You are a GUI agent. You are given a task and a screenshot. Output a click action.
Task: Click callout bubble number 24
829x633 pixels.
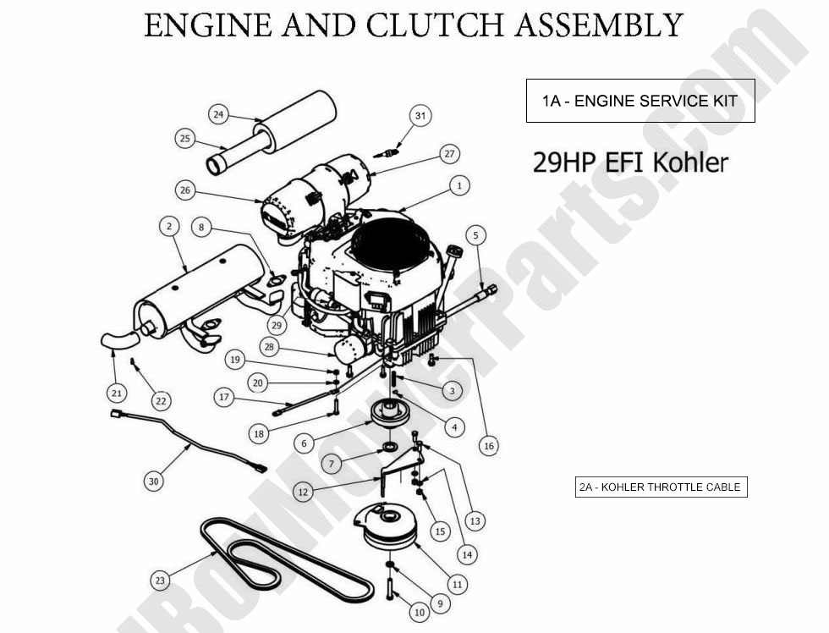click(x=218, y=114)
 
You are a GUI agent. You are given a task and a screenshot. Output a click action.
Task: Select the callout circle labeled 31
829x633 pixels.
click(x=420, y=115)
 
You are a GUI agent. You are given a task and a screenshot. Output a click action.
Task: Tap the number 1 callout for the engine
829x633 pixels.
click(x=458, y=184)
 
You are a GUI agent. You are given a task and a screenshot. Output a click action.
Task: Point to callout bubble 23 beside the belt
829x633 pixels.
click(x=160, y=581)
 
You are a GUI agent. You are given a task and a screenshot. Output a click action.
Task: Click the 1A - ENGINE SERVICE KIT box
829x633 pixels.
click(x=640, y=101)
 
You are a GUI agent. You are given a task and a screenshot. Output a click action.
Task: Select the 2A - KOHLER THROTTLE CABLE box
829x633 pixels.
click(x=661, y=487)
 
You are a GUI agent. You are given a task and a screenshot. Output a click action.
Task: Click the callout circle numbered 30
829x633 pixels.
click(x=152, y=481)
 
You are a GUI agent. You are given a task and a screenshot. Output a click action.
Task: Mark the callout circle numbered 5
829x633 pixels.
click(x=475, y=234)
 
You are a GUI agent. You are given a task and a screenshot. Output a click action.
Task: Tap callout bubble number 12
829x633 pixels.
click(x=303, y=491)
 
